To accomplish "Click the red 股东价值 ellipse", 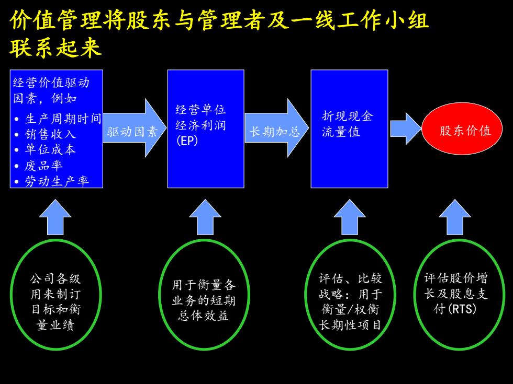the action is pyautogui.click(x=462, y=129).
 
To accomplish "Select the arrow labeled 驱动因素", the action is pyautogui.click(x=135, y=128).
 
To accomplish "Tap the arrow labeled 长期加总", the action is pyautogui.click(x=277, y=128).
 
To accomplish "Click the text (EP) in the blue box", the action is pyautogui.click(x=187, y=141).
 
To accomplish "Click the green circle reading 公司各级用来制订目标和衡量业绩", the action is pyautogui.click(x=55, y=295).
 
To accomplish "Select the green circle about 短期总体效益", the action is pyautogui.click(x=204, y=295).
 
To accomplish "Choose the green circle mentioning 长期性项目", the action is pyautogui.click(x=350, y=295).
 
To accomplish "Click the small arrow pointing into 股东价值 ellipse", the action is pyautogui.click(x=406, y=129).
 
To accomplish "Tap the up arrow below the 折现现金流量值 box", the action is pyautogui.click(x=350, y=217).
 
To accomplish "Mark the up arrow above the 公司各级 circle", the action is pyautogui.click(x=55, y=217).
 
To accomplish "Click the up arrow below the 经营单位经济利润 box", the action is pyautogui.click(x=205, y=217).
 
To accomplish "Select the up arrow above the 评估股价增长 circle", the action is pyautogui.click(x=455, y=217).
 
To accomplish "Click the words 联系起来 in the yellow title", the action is pyautogui.click(x=55, y=48).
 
